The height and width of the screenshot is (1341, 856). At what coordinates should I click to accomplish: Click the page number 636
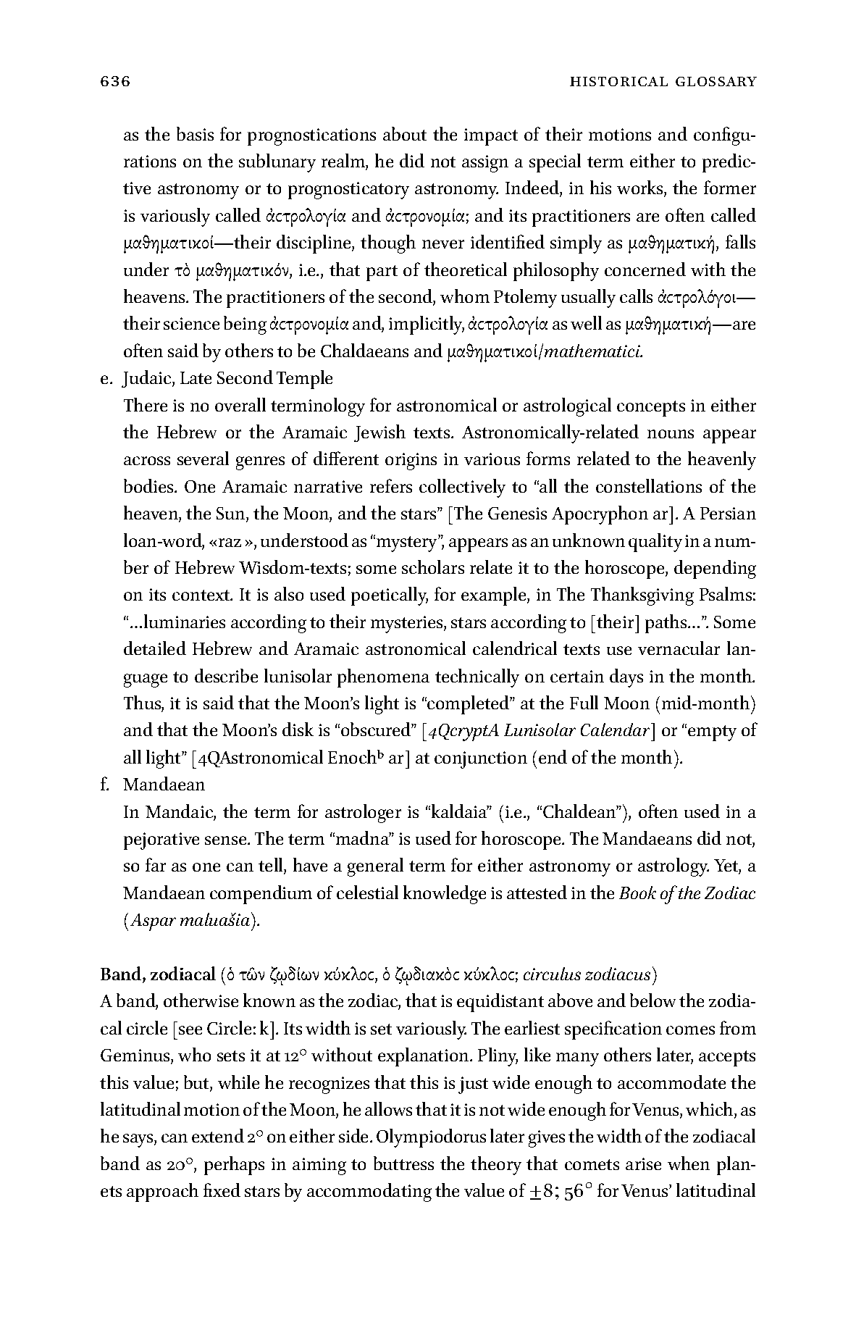[x=114, y=82]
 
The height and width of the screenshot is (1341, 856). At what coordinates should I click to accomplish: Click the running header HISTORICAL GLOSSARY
[x=663, y=82]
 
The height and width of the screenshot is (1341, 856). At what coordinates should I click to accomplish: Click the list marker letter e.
[x=106, y=379]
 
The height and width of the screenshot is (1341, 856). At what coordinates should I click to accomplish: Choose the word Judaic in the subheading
[x=146, y=379]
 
